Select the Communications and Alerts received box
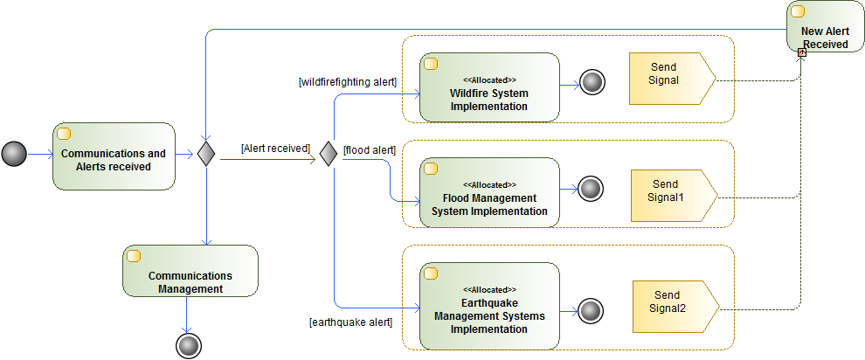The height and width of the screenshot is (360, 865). click(114, 156)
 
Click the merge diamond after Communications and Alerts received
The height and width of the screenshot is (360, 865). click(205, 155)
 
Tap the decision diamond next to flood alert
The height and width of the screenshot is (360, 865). click(328, 155)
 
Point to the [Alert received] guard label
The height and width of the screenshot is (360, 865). click(276, 149)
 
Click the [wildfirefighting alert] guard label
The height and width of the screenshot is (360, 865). click(348, 82)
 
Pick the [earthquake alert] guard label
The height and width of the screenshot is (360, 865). click(350, 322)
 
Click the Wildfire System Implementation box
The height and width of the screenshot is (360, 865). click(488, 87)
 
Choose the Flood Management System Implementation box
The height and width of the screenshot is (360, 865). click(488, 191)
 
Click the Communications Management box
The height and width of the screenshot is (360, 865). click(190, 270)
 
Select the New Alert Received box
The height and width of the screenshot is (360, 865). click(824, 27)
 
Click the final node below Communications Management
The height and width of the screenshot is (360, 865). click(188, 345)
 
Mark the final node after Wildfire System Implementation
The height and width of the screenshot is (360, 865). click(592, 83)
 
